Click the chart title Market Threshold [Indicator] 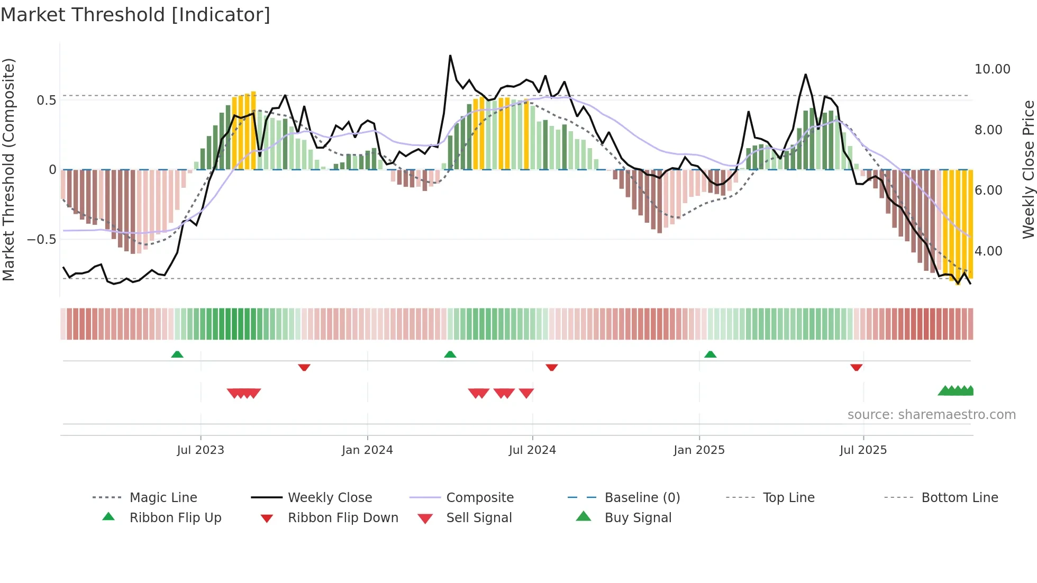(135, 15)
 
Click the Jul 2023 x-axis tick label (201, 450)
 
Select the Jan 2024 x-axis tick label (367, 450)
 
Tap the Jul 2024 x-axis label (532, 450)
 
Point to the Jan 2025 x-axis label (699, 450)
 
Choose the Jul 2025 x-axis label (863, 450)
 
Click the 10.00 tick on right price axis (992, 69)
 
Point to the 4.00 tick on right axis (988, 251)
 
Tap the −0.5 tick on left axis (41, 239)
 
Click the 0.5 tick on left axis (46, 101)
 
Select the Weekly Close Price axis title (1028, 169)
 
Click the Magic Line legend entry (163, 498)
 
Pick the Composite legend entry (479, 498)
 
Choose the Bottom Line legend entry (959, 498)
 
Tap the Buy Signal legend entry (638, 518)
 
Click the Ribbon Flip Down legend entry (343, 518)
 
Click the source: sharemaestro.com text (931, 415)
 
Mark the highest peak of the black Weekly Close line (450, 56)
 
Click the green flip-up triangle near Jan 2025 (710, 354)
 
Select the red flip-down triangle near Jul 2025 (856, 367)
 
